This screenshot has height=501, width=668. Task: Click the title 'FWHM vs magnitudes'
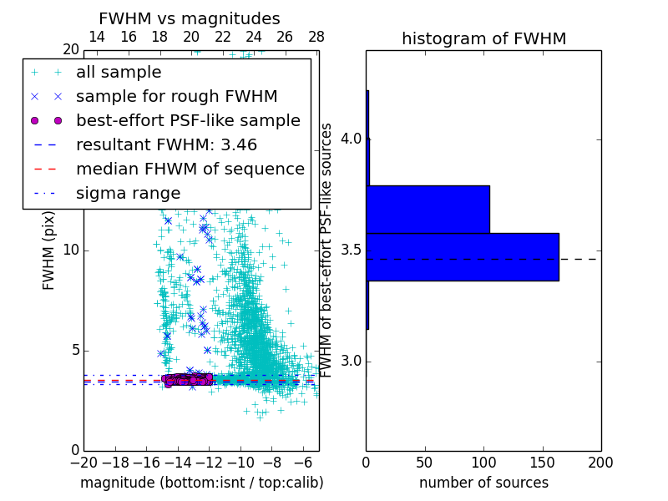(x=190, y=18)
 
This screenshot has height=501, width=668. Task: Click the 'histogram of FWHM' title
(x=483, y=38)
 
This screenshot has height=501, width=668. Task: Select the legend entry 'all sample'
(x=119, y=73)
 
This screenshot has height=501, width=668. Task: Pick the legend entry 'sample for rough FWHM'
(x=176, y=97)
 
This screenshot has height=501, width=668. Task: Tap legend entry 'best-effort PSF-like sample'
(x=188, y=121)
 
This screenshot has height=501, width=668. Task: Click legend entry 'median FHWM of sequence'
(x=190, y=170)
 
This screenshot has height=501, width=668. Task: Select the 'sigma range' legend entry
(x=128, y=194)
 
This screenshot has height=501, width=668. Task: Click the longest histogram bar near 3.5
(x=462, y=256)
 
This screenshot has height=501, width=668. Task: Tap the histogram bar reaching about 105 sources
(x=428, y=209)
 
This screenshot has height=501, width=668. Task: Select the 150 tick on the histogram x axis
(x=542, y=462)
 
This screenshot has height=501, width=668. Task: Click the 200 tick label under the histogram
(x=600, y=462)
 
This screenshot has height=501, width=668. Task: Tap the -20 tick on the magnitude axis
(x=83, y=462)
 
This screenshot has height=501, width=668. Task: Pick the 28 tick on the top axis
(x=316, y=37)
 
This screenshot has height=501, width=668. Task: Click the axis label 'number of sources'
(x=483, y=483)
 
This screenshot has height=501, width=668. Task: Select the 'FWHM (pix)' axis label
(x=49, y=250)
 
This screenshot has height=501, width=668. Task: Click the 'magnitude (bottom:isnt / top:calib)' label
(x=201, y=483)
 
